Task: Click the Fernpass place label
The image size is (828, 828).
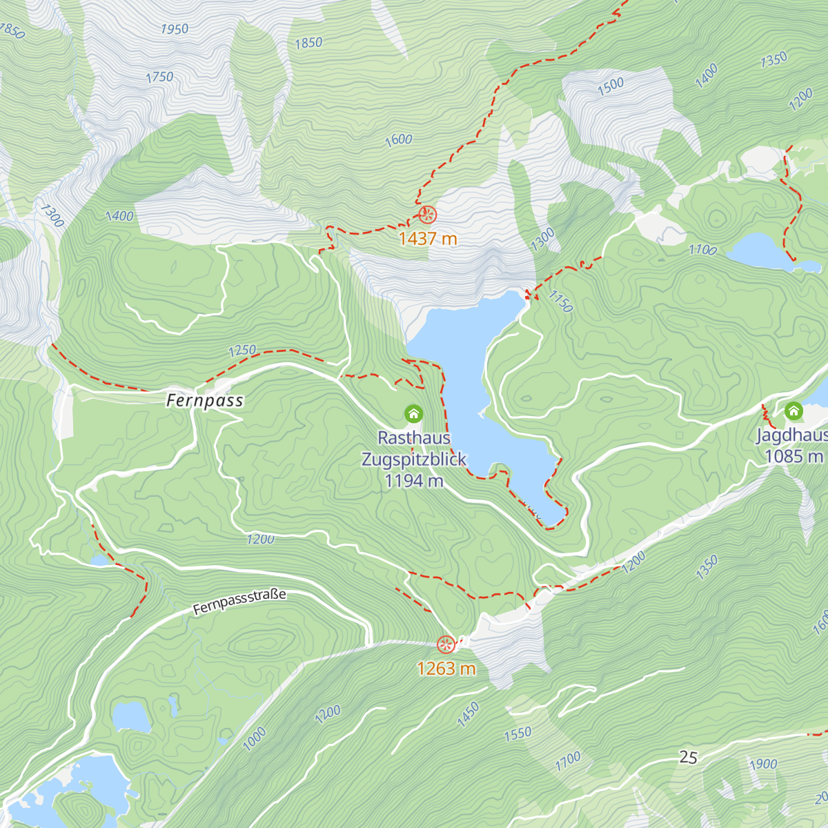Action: [205, 401]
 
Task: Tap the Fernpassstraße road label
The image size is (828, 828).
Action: [239, 602]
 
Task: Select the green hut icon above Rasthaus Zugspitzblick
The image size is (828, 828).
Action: [413, 413]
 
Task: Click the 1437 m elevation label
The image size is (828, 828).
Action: [428, 239]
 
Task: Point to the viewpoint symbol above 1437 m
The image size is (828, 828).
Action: [428, 215]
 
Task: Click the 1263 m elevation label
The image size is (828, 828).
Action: [446, 669]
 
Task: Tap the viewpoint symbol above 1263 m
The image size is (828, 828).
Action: [446, 644]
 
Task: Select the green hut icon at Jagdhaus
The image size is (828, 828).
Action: [794, 412]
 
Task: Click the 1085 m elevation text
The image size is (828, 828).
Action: [793, 456]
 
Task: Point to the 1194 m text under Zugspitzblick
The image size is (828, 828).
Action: [414, 481]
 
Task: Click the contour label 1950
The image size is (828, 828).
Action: [175, 29]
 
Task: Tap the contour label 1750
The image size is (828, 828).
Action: [159, 77]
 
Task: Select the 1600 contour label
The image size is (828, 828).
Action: [399, 140]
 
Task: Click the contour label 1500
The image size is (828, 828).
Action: [611, 86]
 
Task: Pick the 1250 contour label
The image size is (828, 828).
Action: [242, 351]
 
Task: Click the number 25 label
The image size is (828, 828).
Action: [688, 758]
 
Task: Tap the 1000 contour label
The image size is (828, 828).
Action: [254, 739]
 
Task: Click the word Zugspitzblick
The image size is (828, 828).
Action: [414, 460]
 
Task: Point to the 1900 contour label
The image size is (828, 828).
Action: [763, 764]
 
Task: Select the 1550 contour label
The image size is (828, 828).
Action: [517, 733]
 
